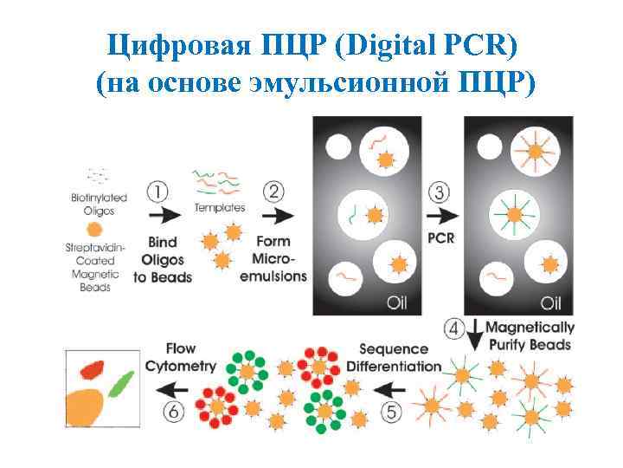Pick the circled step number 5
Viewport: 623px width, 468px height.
(x=391, y=413)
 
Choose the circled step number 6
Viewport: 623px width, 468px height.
(x=176, y=413)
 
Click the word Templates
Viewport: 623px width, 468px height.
(x=220, y=208)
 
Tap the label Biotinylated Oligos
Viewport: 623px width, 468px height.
(x=99, y=203)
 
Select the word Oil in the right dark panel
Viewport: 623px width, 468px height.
(x=551, y=303)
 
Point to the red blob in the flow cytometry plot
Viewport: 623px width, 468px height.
(x=90, y=371)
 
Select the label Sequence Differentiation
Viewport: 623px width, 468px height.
(x=393, y=358)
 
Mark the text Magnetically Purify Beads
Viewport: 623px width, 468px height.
(x=530, y=335)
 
